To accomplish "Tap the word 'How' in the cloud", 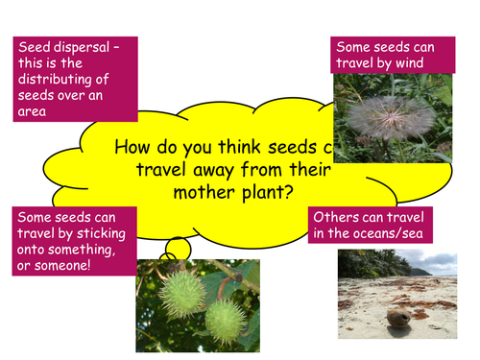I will pyautogui.click(x=132, y=149).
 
